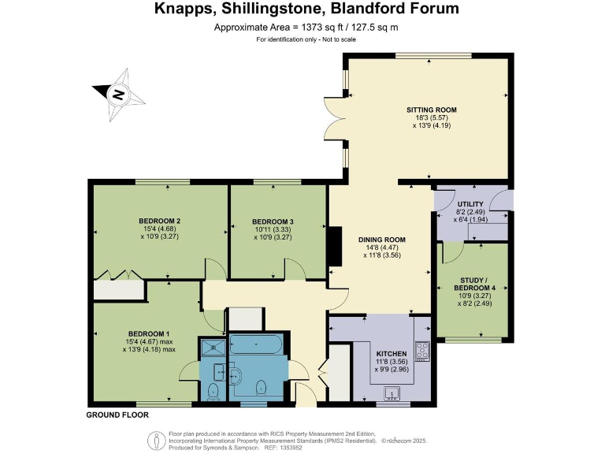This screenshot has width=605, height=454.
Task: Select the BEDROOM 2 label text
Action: (160, 221)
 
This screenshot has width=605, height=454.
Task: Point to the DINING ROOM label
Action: (381, 240)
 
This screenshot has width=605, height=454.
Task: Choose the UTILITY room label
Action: (470, 205)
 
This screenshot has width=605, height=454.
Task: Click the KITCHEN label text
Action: (391, 354)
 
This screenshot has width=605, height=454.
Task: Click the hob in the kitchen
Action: (422, 351)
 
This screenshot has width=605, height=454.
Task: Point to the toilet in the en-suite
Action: (213, 391)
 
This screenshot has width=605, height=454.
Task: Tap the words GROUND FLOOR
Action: (117, 414)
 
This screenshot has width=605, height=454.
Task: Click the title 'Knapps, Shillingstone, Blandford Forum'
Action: (302, 9)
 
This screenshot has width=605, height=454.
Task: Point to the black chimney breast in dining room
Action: (334, 247)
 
